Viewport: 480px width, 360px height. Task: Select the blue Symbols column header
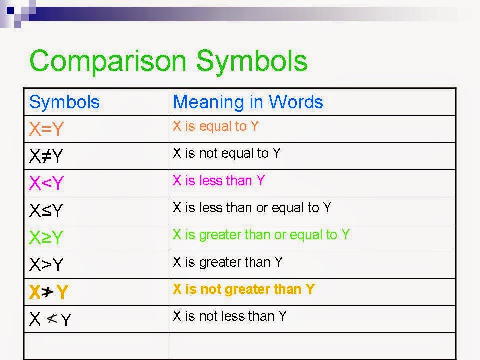[x=64, y=102]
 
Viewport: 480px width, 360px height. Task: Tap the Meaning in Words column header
[x=248, y=102]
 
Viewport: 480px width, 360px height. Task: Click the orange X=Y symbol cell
[x=46, y=130]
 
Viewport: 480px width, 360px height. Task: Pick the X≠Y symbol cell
[x=46, y=157]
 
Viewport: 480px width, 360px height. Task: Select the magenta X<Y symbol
[x=46, y=184]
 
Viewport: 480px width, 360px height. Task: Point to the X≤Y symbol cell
[x=46, y=211]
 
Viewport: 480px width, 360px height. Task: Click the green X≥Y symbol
[x=46, y=238]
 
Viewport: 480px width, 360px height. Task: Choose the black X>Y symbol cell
[x=46, y=265]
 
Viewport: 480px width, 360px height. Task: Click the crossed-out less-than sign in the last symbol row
[x=52, y=318]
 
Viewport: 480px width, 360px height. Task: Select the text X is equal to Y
[x=216, y=126]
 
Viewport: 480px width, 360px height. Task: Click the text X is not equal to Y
[x=226, y=153]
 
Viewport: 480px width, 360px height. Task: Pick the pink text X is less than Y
[x=218, y=180]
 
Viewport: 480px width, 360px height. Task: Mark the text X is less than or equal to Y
[x=252, y=208]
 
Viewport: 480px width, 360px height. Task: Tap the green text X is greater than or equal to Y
[x=261, y=235]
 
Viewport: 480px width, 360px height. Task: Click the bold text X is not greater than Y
[x=243, y=289]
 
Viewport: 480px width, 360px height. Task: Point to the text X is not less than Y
[x=229, y=316]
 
